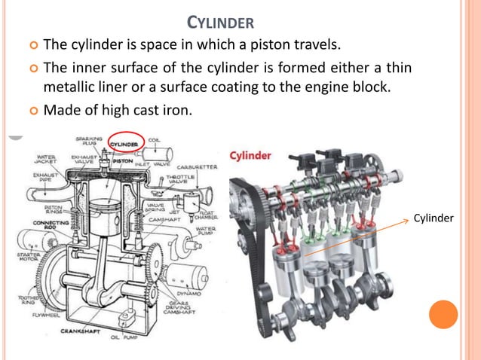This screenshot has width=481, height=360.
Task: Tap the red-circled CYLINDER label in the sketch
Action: pyautogui.click(x=124, y=144)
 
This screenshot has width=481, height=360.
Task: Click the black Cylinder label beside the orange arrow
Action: pyautogui.click(x=434, y=218)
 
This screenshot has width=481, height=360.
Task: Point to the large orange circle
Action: pyautogui.click(x=443, y=314)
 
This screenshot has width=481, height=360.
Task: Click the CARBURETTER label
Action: pyautogui.click(x=198, y=166)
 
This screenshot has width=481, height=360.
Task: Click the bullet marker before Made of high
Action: pyautogui.click(x=32, y=111)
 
